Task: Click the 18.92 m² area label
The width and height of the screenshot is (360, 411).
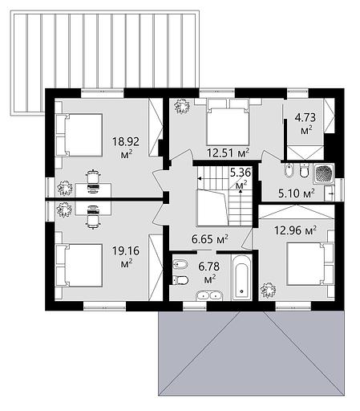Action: click(126, 148)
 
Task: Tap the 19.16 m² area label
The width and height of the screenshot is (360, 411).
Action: click(126, 257)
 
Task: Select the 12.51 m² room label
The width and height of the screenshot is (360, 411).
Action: click(229, 153)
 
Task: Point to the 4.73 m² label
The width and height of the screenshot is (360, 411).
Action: click(305, 124)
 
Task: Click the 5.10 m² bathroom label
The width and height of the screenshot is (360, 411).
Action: click(297, 193)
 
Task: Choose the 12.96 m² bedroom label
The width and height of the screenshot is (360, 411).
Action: click(296, 230)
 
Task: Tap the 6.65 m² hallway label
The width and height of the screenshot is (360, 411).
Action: click(210, 239)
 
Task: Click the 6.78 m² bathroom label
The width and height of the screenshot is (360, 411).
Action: click(208, 273)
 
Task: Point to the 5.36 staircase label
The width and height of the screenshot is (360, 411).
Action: click(241, 173)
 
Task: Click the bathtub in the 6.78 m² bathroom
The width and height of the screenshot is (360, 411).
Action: click(242, 278)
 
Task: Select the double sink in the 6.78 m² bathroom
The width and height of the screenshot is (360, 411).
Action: click(209, 295)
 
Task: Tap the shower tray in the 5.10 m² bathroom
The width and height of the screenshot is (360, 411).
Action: click(324, 173)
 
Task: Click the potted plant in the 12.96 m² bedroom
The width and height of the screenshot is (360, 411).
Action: click(268, 290)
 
